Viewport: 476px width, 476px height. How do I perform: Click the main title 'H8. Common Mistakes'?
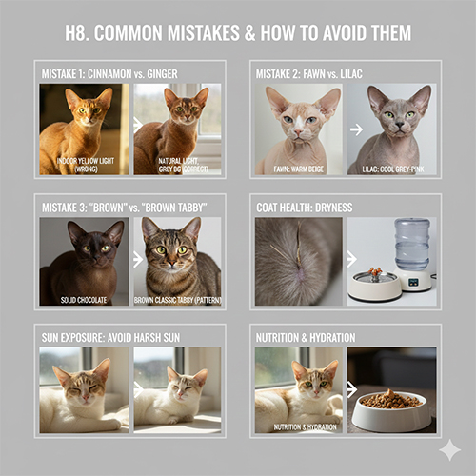pos(238,33)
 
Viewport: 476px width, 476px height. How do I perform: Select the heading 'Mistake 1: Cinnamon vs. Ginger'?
pos(110,73)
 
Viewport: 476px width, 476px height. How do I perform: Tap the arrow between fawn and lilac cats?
pos(341,125)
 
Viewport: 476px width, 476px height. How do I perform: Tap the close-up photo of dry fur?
pos(296,260)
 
